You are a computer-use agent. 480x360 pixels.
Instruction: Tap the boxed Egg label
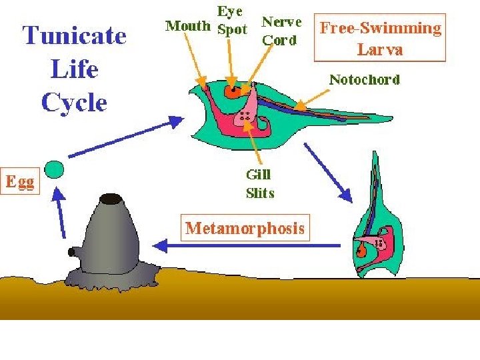21,181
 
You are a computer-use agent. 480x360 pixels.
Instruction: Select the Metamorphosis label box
245,228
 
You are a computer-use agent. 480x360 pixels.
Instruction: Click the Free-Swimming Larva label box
380,38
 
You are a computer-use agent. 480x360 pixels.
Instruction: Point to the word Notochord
365,80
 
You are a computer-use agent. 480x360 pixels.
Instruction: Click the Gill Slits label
259,184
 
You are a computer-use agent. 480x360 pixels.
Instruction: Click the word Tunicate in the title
75,35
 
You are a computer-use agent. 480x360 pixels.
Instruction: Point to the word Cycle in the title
74,103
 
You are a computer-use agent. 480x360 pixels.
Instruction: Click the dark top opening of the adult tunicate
111,199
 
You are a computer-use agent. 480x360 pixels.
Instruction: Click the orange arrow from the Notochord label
312,99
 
